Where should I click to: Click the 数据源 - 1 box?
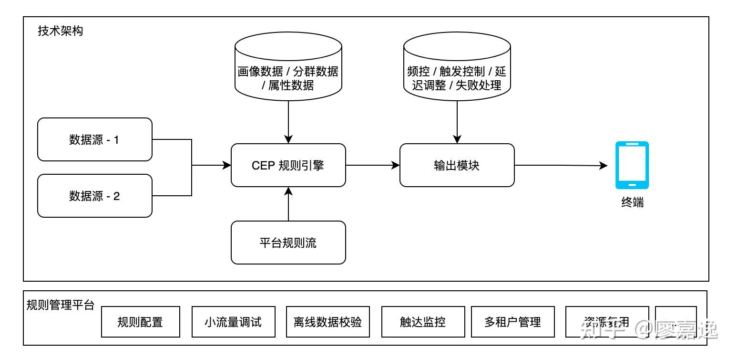tap(95, 139)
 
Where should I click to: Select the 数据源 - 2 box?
tap(95, 196)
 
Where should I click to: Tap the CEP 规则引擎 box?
tap(288, 165)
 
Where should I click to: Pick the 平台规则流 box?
tap(288, 243)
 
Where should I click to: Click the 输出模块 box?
tap(457, 165)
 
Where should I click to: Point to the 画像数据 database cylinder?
tap(288, 69)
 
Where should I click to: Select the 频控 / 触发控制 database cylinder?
tap(457, 69)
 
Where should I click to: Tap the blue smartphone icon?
tap(632, 165)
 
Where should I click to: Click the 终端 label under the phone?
tap(632, 202)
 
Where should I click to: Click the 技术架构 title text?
tap(60, 31)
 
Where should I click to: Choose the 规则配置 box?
tap(141, 322)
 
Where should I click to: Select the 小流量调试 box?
tap(233, 322)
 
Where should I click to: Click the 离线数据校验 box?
tap(328, 322)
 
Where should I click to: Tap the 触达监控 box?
tap(422, 322)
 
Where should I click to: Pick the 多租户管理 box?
tap(512, 322)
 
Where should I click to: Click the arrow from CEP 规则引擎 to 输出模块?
tap(372, 165)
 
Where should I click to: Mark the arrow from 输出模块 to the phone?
tap(561, 166)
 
